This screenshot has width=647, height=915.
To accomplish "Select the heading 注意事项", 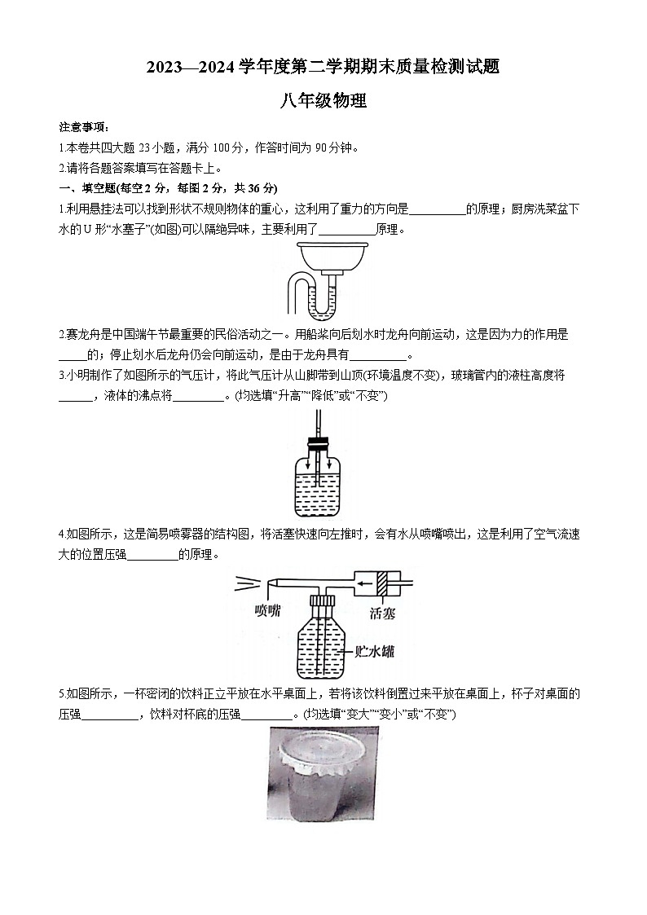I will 83,128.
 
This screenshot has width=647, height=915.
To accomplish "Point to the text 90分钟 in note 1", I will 336,147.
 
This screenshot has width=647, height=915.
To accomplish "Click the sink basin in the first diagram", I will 323,259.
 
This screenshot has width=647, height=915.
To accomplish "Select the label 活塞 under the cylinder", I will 382,612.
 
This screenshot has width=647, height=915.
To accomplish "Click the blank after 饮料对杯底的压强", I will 267,715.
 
